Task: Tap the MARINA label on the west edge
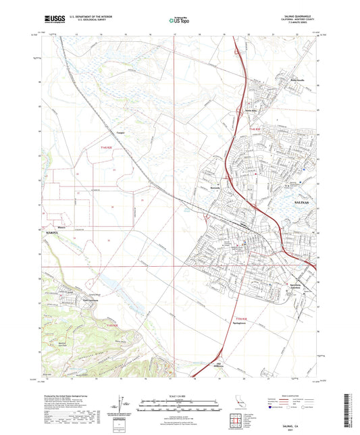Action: (x=53, y=232)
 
